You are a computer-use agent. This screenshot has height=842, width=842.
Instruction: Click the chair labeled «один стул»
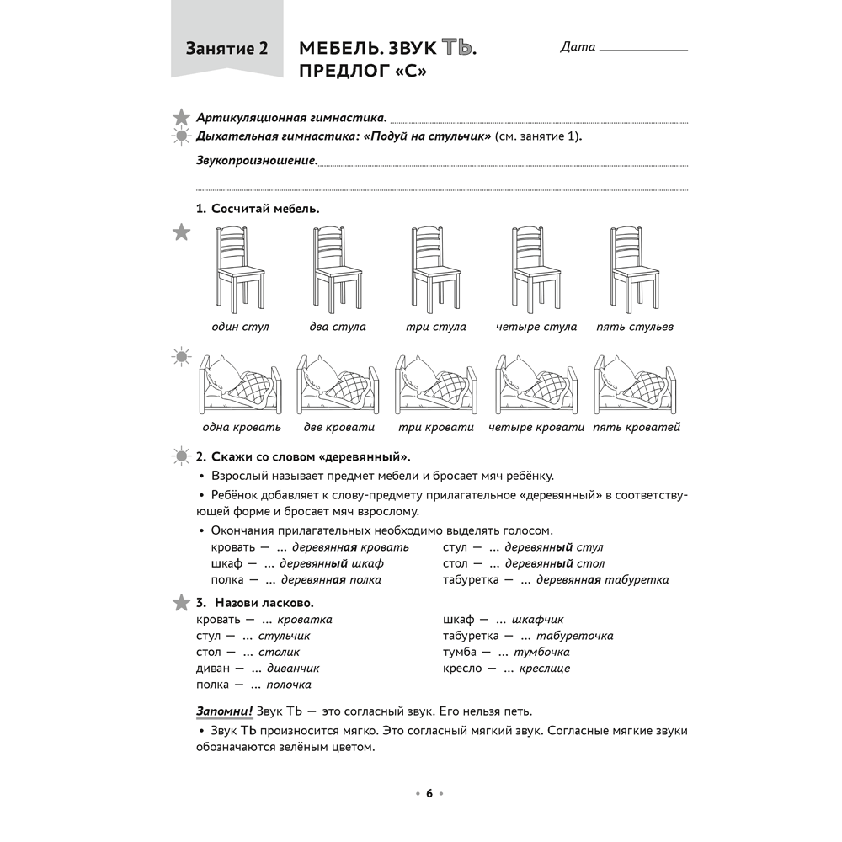pyautogui.click(x=241, y=269)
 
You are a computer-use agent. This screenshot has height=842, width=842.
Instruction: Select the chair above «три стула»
pyautogui.click(x=437, y=269)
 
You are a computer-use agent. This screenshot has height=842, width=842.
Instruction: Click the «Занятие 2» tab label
pyautogui.click(x=226, y=48)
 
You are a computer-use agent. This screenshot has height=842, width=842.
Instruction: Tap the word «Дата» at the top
pyautogui.click(x=578, y=47)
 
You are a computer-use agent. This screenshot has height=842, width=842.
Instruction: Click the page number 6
pyautogui.click(x=429, y=793)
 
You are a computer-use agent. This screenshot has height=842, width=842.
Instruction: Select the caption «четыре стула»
pyautogui.click(x=536, y=327)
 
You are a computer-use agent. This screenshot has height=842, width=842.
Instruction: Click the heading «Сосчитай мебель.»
pyautogui.click(x=264, y=208)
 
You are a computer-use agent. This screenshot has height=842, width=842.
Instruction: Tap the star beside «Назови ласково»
pyautogui.click(x=180, y=602)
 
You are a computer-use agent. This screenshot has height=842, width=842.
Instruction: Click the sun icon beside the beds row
pyautogui.click(x=180, y=357)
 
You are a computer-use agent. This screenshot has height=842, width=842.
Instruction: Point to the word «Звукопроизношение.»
pyautogui.click(x=257, y=160)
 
